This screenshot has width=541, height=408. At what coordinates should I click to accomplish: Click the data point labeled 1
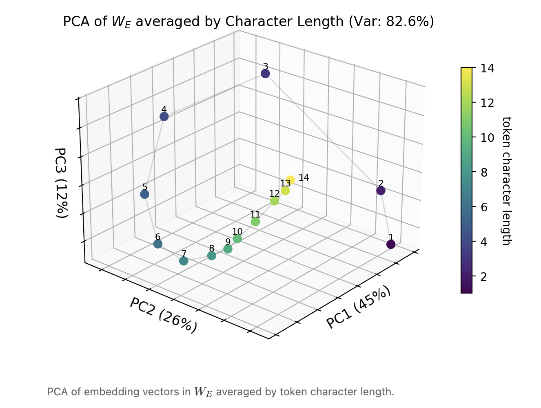pyautogui.click(x=391, y=244)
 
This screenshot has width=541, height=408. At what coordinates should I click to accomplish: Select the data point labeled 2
pyautogui.click(x=381, y=191)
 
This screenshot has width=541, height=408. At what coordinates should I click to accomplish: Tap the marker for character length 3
pyautogui.click(x=265, y=74)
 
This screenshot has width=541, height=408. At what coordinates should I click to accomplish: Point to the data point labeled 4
pyautogui.click(x=164, y=117)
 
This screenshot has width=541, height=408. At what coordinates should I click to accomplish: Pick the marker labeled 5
pyautogui.click(x=144, y=194)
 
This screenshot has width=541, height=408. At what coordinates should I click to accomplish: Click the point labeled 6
pyautogui.click(x=158, y=244)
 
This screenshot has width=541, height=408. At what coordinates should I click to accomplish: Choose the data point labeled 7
pyautogui.click(x=184, y=261)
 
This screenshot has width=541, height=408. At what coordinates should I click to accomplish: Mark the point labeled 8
pyautogui.click(x=211, y=256)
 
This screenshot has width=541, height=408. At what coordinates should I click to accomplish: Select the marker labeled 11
pyautogui.click(x=255, y=222)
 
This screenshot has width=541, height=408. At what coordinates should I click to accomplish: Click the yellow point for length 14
pyautogui.click(x=290, y=180)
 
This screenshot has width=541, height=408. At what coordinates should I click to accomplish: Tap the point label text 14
pyautogui.click(x=304, y=177)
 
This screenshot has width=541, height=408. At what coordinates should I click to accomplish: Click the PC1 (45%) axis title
pyautogui.click(x=358, y=307)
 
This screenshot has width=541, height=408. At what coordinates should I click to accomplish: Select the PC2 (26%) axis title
pyautogui.click(x=164, y=315)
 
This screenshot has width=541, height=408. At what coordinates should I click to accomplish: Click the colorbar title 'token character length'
pyautogui.click(x=506, y=181)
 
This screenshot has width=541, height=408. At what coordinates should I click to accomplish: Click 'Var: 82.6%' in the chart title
pyautogui.click(x=390, y=21)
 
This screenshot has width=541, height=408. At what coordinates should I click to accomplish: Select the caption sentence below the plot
pyautogui.click(x=220, y=392)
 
